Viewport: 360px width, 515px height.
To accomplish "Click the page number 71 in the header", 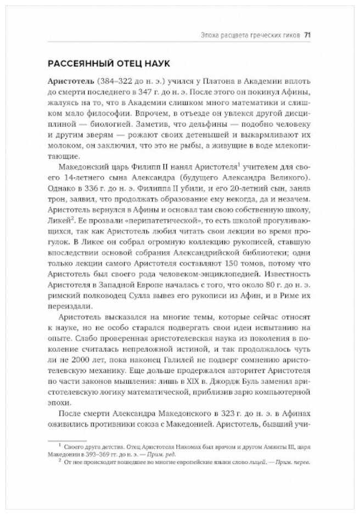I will [x=309, y=37].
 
